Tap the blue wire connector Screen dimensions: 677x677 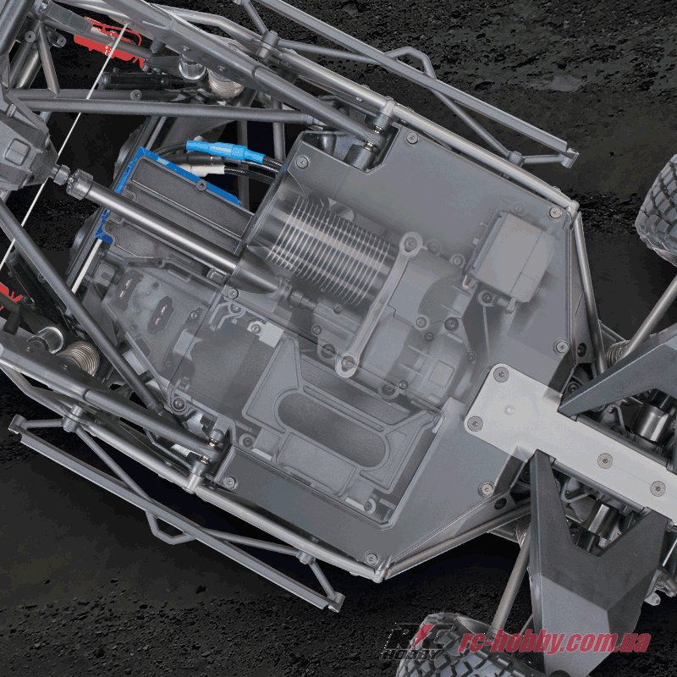(x=224, y=151)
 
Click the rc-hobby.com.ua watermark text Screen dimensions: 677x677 (x=554, y=641)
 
